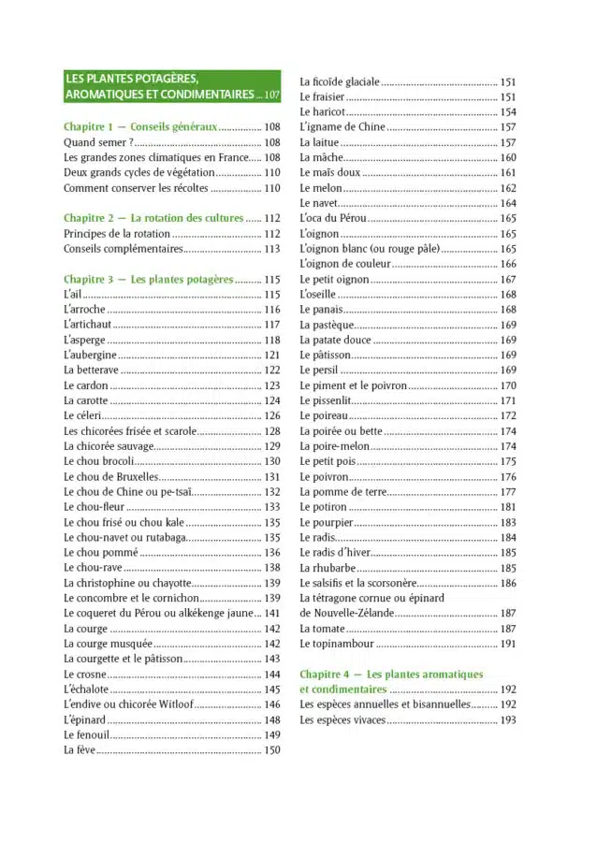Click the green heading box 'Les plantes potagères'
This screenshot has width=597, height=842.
click(171, 87)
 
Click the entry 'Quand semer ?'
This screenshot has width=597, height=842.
click(98, 142)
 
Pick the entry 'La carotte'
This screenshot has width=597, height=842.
click(89, 400)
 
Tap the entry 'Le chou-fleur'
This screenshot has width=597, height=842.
click(94, 506)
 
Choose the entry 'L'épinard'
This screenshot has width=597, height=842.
click(84, 719)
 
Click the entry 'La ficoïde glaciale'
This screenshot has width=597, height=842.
click(339, 81)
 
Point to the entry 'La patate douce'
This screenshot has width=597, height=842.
click(335, 340)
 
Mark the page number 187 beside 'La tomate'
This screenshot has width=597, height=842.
click(507, 629)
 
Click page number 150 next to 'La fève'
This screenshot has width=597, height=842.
click(272, 750)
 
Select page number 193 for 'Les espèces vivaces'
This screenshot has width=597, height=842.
click(507, 719)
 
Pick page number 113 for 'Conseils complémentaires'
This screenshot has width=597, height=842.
click(272, 249)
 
